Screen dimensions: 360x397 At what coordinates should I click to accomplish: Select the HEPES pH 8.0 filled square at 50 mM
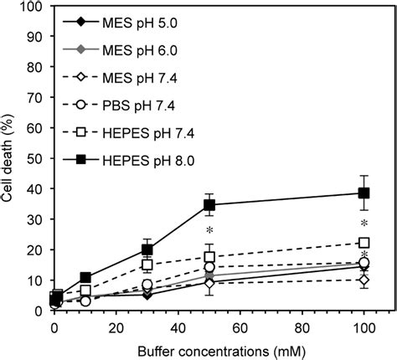pyautogui.click(x=209, y=205)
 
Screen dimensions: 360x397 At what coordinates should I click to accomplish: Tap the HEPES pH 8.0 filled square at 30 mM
pyautogui.click(x=147, y=249)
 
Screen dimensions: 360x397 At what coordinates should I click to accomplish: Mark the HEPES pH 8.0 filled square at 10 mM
pyautogui.click(x=85, y=277)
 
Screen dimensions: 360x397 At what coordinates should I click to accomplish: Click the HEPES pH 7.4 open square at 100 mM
pyautogui.click(x=363, y=243)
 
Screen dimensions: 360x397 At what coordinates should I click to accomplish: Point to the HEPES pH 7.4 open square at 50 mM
pyautogui.click(x=209, y=257)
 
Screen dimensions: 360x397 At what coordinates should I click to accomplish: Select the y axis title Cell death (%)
pyautogui.click(x=10, y=159)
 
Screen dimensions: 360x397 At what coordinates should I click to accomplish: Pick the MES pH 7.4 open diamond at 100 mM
pyautogui.click(x=363, y=280)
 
